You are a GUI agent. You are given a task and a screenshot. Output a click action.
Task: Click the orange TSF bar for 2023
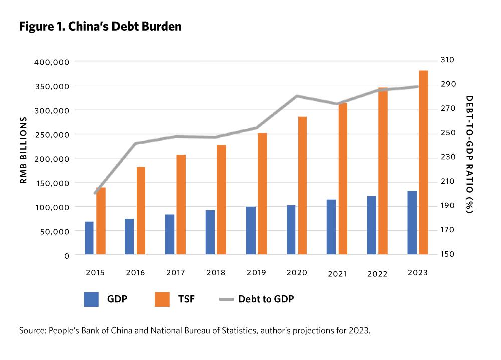click(x=423, y=163)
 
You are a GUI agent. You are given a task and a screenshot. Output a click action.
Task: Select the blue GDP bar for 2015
click(x=89, y=238)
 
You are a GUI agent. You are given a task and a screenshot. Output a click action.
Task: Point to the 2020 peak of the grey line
click(x=297, y=96)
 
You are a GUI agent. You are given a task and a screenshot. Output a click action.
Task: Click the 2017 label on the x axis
click(x=176, y=273)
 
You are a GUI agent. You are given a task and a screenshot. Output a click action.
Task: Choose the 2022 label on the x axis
click(x=377, y=274)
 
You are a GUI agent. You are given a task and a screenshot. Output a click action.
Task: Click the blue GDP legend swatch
click(x=92, y=299)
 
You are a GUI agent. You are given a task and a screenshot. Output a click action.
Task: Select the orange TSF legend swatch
click(x=160, y=299)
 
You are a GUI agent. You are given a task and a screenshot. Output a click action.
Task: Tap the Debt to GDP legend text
click(x=266, y=299)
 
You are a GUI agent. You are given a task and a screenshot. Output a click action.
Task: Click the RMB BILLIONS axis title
click(x=24, y=150)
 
